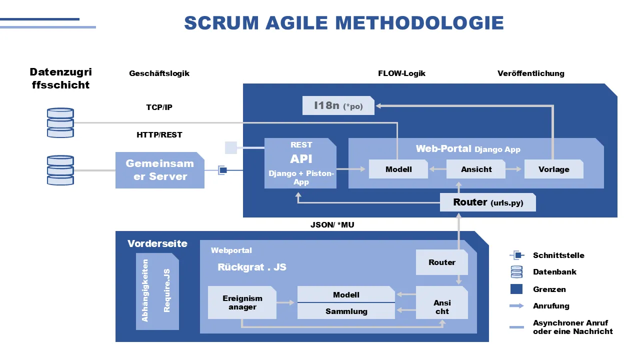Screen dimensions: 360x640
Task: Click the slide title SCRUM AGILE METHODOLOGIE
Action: [x=344, y=23]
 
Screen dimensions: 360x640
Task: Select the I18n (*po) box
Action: [x=338, y=105]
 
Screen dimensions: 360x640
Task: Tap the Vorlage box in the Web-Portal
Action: [x=553, y=169]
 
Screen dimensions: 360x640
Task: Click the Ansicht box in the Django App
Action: [x=476, y=169]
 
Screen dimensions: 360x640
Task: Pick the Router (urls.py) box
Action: [x=487, y=202]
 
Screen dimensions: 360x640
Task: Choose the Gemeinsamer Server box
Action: [x=159, y=170]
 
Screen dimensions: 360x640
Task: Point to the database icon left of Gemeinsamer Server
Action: [x=60, y=170]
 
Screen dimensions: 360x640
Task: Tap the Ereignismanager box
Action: [x=242, y=302]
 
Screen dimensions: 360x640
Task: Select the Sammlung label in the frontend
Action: [x=346, y=311]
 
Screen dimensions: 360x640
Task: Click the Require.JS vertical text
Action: [x=167, y=290]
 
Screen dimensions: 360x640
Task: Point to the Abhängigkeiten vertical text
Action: [x=145, y=290]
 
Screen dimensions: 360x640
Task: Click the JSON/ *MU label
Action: [x=332, y=225]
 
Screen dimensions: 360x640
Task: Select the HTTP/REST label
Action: [x=159, y=134]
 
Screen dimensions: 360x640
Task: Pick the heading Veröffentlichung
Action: [x=530, y=73]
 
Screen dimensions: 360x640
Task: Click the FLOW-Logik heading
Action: [x=401, y=73]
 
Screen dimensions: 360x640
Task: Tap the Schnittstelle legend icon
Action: [x=517, y=255]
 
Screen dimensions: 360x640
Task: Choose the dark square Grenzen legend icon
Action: [x=516, y=289]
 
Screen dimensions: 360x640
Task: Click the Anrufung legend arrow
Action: [x=516, y=305]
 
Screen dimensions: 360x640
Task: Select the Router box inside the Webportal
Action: [x=442, y=262]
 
